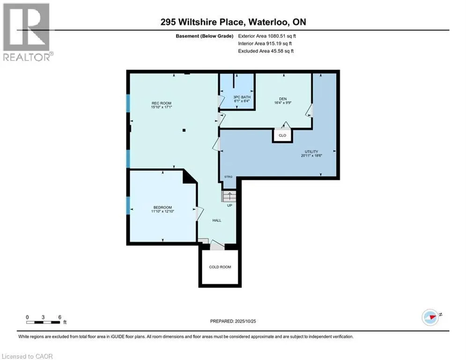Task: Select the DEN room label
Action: coord(283,98)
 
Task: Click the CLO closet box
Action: coord(282,135)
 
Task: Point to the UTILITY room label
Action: coord(311,151)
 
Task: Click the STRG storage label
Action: coord(228,176)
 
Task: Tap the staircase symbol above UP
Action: coord(229,196)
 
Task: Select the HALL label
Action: coord(216,220)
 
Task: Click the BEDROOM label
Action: coord(163,207)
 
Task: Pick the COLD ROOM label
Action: coord(220,267)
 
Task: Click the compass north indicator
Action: coord(429,317)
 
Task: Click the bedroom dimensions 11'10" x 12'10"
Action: coord(163,211)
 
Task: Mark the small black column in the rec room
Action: coord(185,130)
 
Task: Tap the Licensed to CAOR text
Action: coord(28,356)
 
